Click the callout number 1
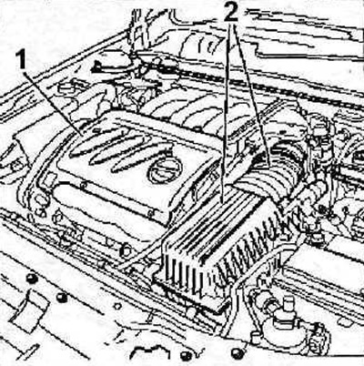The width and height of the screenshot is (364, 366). tap(22, 60)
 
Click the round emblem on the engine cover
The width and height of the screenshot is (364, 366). tap(165, 172)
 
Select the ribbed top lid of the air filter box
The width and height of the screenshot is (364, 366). tap(212, 225)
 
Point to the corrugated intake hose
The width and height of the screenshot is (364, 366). tap(273, 175)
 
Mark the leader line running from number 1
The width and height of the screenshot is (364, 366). tap(54, 102)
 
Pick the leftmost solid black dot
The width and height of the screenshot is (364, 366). tap(32, 278)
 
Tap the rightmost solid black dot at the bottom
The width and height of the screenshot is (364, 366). tap(237, 354)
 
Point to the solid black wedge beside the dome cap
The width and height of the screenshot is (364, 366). tap(98, 66)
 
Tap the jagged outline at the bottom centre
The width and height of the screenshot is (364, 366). tap(149, 352)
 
